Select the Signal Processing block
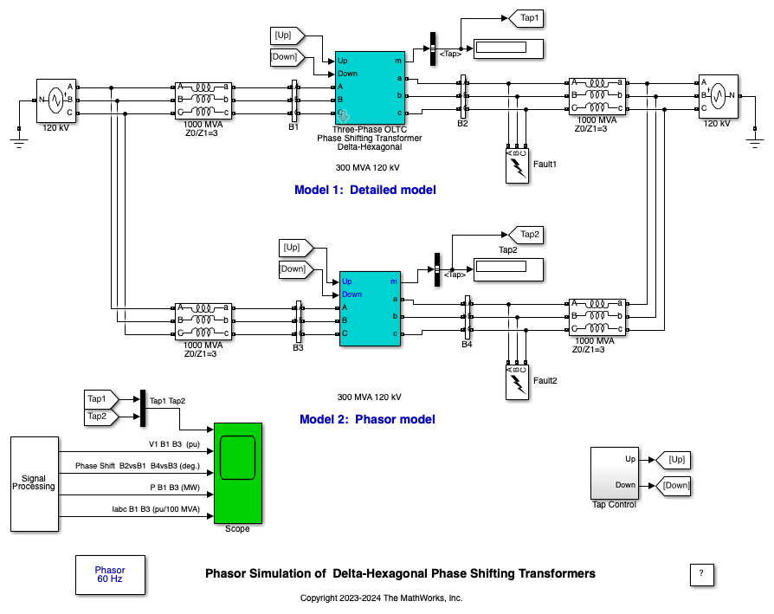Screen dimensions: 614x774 (x=34, y=484)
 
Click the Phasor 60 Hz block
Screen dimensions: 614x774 (x=110, y=574)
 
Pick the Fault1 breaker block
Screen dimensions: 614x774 (x=518, y=165)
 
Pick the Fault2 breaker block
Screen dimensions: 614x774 (x=518, y=382)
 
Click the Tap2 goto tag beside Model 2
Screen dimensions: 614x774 (x=526, y=234)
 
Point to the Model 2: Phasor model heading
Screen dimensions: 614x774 (x=367, y=419)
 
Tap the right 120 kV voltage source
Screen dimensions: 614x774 (x=716, y=96)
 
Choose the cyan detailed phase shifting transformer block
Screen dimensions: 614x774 (x=371, y=86)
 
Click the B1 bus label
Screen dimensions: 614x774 (x=293, y=126)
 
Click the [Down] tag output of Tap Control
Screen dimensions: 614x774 (x=675, y=485)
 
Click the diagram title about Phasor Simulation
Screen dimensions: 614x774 (x=400, y=573)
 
